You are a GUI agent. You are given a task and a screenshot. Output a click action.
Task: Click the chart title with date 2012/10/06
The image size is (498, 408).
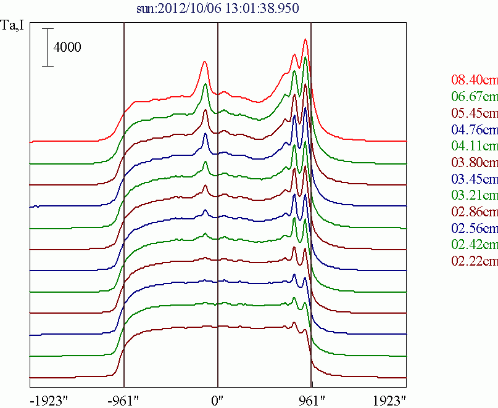coord(218,9)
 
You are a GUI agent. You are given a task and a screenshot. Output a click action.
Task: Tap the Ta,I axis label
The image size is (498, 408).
coord(13,27)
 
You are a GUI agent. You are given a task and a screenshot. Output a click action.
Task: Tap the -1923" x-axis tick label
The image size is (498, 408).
coord(48,399)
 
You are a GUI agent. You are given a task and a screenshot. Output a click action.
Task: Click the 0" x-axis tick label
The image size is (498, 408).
coord(218,399)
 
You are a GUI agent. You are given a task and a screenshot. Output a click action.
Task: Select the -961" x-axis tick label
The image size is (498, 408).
coord(124,399)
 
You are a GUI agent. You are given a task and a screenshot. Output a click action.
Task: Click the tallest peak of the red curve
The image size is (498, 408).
coord(305,41)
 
